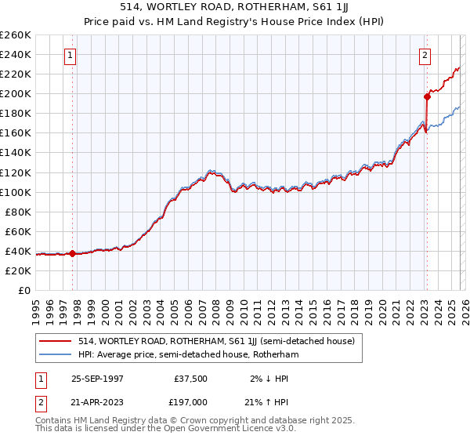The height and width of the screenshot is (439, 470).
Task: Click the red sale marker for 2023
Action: [427, 97]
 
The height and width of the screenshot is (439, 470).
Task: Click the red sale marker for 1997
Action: [73, 253]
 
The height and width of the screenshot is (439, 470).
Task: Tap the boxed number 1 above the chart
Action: [70, 56]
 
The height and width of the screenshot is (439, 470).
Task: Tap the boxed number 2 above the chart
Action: [425, 56]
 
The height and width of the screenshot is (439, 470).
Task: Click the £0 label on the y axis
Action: [24, 290]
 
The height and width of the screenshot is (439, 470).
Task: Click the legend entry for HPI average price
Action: [187, 354]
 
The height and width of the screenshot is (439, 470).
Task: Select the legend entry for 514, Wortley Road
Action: [216, 341]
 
